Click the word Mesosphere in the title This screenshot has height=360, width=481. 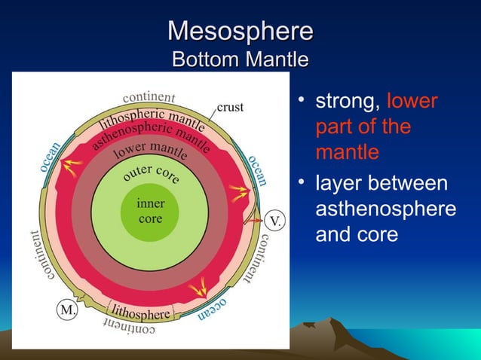(x=240, y=31)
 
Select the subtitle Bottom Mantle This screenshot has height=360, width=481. (x=240, y=59)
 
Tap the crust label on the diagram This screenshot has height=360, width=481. (x=230, y=107)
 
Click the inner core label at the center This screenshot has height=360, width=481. (x=151, y=211)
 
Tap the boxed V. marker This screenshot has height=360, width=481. (x=276, y=221)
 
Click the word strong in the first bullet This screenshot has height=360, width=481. (x=348, y=101)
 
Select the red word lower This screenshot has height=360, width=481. (x=412, y=101)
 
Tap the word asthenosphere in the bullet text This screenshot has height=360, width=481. (x=384, y=209)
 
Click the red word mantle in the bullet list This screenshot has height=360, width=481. (x=347, y=152)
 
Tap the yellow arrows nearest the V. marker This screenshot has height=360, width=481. (x=239, y=195)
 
